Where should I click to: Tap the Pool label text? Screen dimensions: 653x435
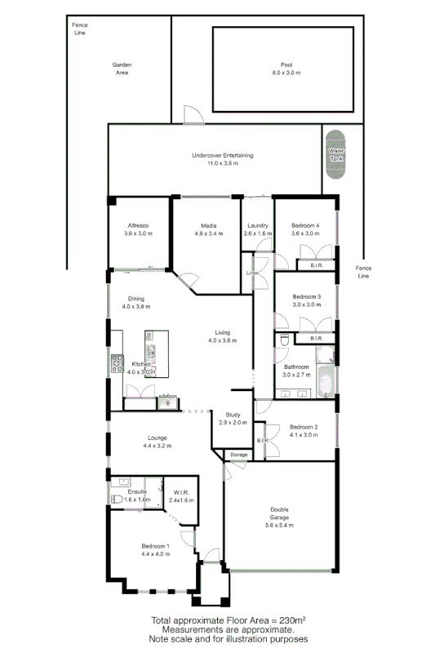286,64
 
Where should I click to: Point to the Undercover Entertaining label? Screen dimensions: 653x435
222,155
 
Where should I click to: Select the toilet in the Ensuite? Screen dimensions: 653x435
116,499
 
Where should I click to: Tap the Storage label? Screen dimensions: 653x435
237,455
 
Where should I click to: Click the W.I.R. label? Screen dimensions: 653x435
181,492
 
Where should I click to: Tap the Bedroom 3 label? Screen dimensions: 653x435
306,296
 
